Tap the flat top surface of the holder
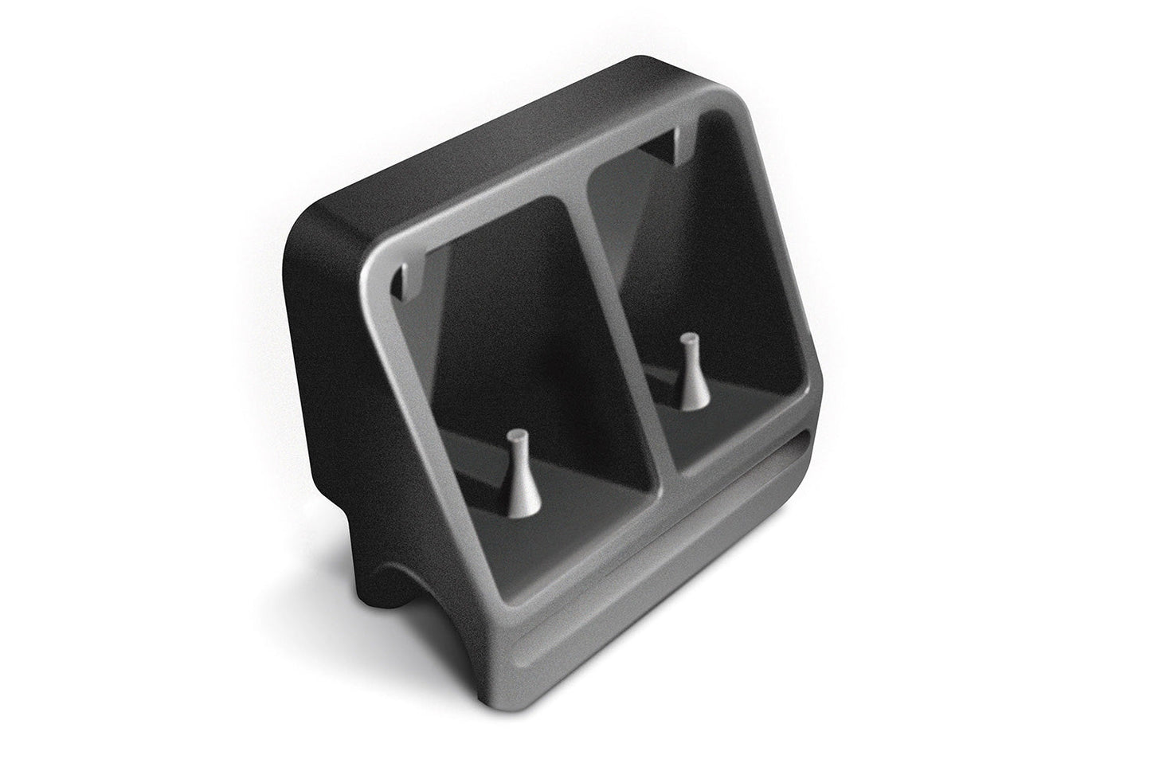click(x=494, y=159)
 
